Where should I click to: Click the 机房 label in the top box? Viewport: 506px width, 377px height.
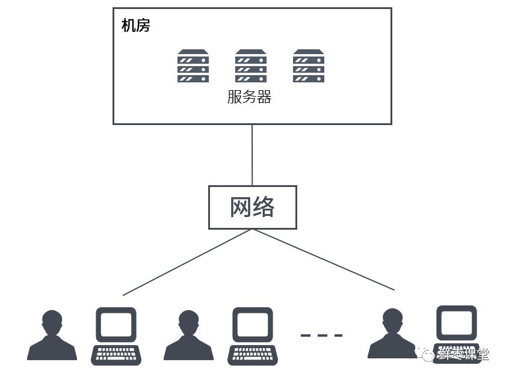coord(135,26)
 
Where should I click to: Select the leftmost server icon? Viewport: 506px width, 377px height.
coord(193,66)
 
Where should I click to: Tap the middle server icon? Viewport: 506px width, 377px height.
coord(250,66)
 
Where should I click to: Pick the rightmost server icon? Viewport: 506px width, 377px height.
coord(308,66)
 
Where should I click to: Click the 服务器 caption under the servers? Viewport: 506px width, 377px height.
coord(249,97)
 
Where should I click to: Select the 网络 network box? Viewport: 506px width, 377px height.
coord(252,207)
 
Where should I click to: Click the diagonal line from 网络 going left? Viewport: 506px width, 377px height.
coord(187,263)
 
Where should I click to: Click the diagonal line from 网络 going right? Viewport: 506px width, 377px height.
coord(324,260)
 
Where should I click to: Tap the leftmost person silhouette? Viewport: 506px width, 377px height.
coord(52,337)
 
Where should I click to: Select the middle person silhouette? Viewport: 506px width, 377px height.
coord(188,337)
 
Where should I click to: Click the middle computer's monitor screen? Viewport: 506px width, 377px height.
coord(253,325)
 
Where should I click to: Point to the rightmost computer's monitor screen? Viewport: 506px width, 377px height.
coord(456,323)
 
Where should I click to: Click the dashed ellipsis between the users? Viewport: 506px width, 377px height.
coord(321,335)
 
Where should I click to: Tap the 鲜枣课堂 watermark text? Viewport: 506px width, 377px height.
coord(463,354)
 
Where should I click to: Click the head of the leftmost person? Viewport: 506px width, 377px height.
coord(52,321)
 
